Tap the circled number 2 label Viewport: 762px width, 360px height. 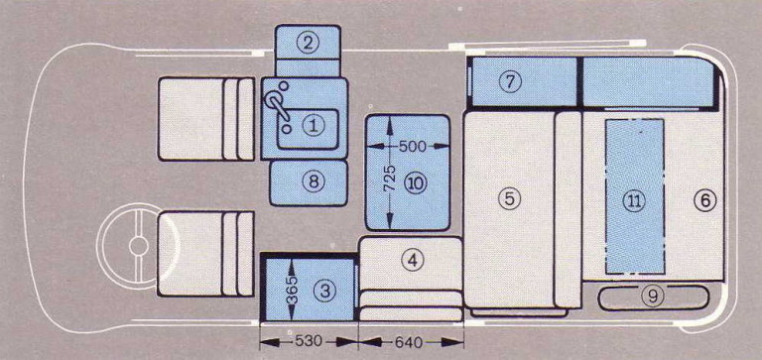click(308, 44)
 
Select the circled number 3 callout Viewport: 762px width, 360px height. click(324, 291)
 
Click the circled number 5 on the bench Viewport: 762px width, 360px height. click(509, 198)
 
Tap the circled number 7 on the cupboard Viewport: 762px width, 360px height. click(510, 81)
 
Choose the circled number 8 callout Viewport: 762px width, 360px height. click(313, 181)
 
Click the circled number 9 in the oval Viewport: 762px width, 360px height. click(652, 296)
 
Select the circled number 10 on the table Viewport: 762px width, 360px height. click(417, 183)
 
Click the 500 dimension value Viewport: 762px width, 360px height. click(412, 146)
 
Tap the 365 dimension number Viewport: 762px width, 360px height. click(291, 291)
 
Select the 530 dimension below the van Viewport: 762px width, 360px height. click(309, 341)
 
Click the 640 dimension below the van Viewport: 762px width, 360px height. click(408, 342)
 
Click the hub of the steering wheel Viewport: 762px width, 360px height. click(138, 246)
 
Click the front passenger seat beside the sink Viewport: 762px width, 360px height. click(206, 119)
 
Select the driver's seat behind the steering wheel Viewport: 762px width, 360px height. click(206, 253)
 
